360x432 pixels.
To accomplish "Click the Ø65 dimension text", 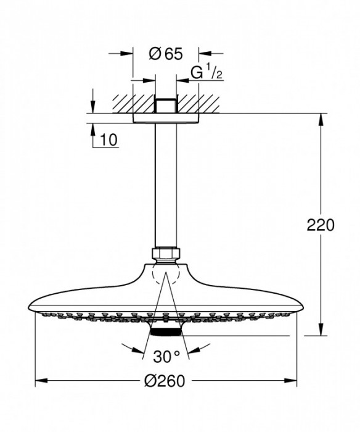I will click(x=165, y=54).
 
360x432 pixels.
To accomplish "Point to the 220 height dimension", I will click(x=321, y=225).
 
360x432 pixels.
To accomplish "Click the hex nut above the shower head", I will click(x=165, y=253).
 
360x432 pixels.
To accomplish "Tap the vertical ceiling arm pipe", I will click(x=165, y=185).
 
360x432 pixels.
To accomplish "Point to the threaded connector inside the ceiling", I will click(x=165, y=104).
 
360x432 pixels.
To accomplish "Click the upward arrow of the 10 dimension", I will click(x=92, y=128).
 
